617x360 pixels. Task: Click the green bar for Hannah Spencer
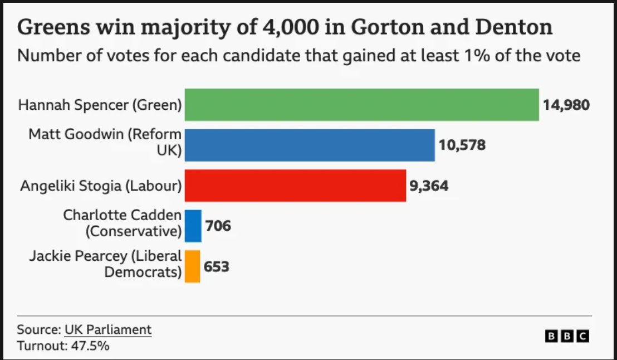(361, 105)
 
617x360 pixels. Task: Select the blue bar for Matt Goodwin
(309, 145)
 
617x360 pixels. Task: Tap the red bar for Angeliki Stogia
(295, 186)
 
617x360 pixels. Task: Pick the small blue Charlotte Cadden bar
(193, 226)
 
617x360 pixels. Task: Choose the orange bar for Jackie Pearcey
(192, 266)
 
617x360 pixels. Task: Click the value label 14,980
(566, 105)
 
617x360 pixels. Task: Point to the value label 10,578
(462, 145)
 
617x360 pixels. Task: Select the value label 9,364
(429, 186)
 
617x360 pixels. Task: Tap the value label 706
(218, 226)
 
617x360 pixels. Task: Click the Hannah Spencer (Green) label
(100, 105)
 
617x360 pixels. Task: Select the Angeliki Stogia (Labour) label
(101, 186)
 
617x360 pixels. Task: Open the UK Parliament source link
(108, 329)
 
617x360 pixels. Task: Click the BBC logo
(566, 336)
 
